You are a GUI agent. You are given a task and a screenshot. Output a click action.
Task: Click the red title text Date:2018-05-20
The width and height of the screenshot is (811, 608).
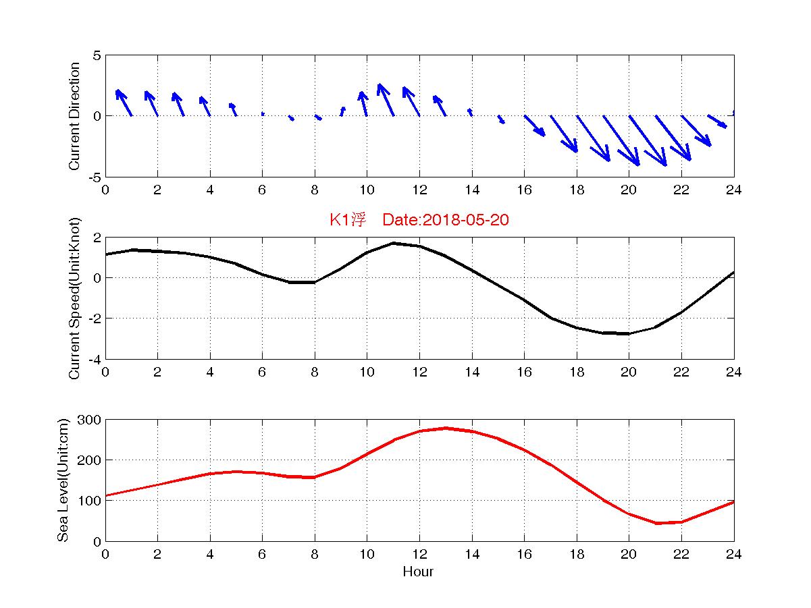click(445, 220)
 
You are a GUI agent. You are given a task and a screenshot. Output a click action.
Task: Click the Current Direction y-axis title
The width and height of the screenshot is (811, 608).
click(74, 116)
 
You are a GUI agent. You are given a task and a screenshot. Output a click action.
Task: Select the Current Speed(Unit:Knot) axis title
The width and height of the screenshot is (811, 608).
click(74, 298)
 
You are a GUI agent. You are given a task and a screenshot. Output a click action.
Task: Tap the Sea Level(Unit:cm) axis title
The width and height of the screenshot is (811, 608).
click(63, 480)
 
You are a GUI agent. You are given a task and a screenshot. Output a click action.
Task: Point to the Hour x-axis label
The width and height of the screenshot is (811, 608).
click(418, 572)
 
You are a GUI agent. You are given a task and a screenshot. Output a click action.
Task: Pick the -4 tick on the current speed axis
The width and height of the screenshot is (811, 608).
click(94, 359)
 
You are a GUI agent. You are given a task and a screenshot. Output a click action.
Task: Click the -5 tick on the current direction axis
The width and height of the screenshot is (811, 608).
click(94, 177)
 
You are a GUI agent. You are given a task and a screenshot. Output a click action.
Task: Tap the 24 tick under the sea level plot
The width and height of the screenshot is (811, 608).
click(734, 555)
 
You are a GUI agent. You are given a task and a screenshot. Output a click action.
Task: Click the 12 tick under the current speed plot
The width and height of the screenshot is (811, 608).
click(419, 372)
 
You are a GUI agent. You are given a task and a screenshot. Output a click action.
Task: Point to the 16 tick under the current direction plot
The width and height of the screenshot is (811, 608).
click(524, 190)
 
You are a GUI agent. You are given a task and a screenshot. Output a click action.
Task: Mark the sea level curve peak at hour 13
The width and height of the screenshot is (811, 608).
click(446, 428)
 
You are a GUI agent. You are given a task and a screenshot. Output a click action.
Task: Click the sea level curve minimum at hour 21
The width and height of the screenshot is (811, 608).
click(655, 523)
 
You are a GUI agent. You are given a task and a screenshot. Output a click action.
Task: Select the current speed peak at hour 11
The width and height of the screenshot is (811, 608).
click(394, 243)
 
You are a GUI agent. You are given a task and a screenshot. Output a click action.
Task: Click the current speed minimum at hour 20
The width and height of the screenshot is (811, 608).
click(629, 333)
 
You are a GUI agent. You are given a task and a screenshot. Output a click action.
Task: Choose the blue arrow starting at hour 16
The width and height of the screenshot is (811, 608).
click(535, 126)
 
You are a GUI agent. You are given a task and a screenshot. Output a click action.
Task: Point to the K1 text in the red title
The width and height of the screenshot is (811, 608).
click(339, 220)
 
